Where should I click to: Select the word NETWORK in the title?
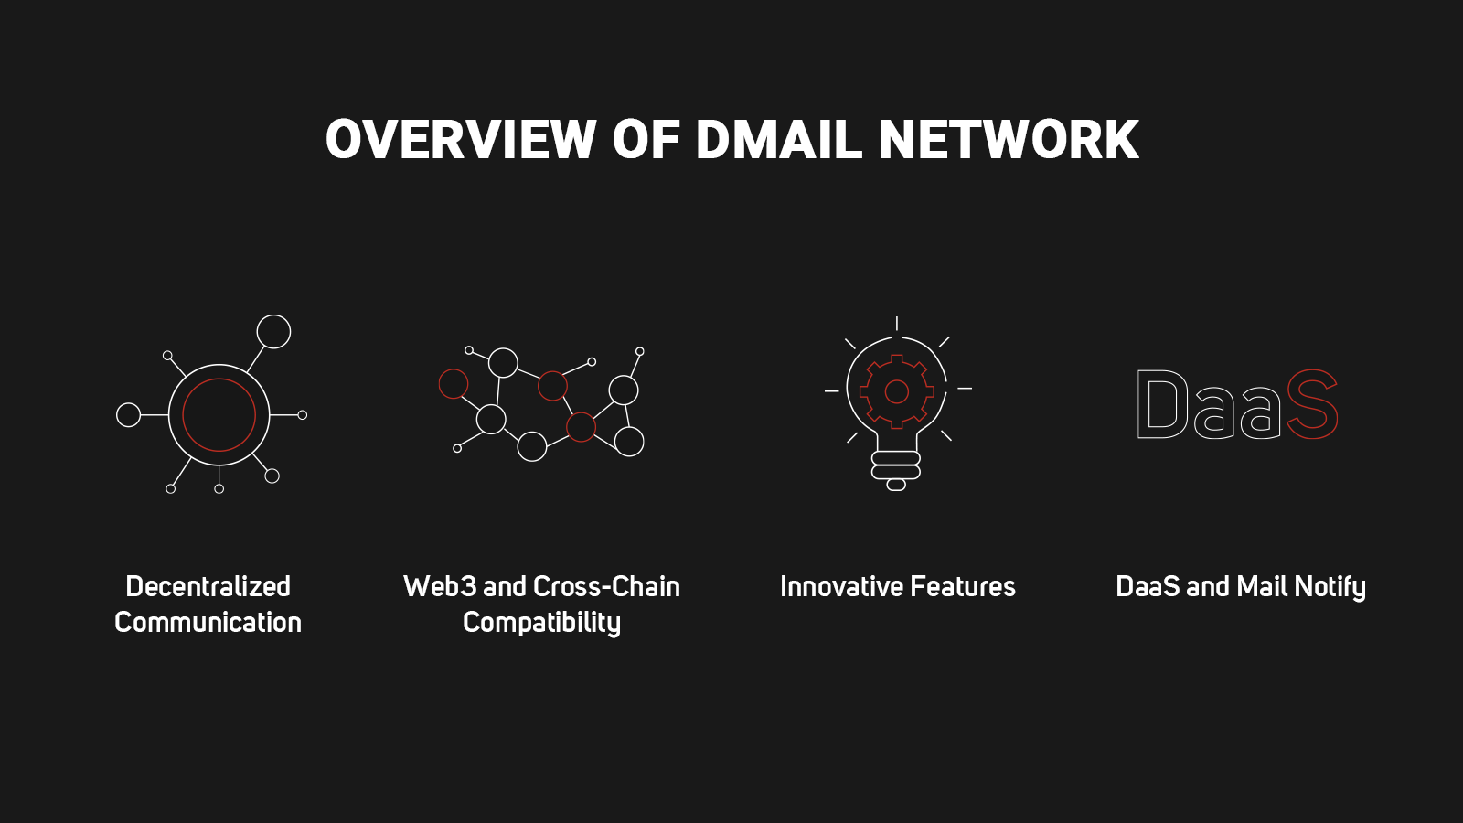click(x=1008, y=140)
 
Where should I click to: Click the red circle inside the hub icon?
click(x=219, y=415)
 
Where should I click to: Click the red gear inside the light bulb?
click(x=897, y=391)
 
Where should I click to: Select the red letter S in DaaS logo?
click(x=1312, y=404)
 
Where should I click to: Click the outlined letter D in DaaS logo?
click(x=1162, y=404)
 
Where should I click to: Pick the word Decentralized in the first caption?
click(x=208, y=586)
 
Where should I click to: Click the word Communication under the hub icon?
click(x=208, y=623)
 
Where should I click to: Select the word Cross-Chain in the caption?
click(x=606, y=586)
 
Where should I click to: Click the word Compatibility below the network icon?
click(x=541, y=623)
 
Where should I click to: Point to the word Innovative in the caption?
click(x=841, y=586)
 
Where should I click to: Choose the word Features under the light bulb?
click(x=963, y=586)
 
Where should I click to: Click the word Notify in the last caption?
click(x=1330, y=586)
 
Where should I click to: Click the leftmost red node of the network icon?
click(x=454, y=383)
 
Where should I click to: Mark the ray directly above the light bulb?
click(x=897, y=323)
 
